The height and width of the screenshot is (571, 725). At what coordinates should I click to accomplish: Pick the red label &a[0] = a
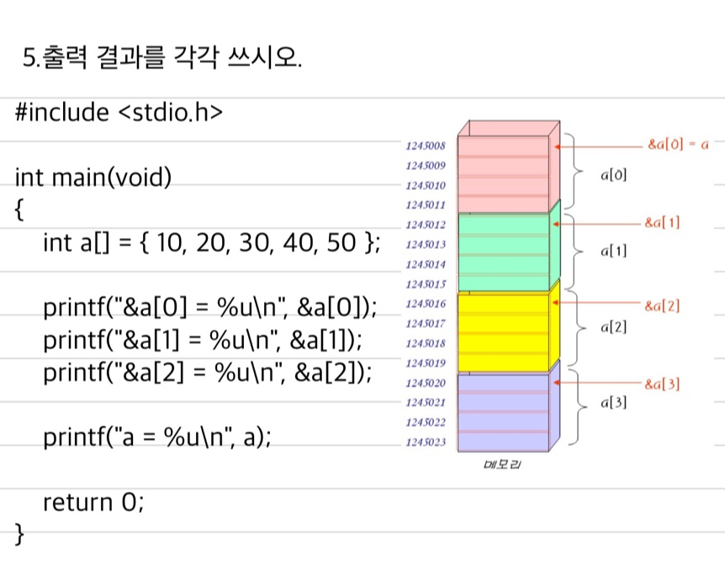point(678,144)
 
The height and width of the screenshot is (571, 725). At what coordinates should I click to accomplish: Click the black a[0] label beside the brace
point(613,175)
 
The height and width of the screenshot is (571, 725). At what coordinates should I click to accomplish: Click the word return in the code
point(77,502)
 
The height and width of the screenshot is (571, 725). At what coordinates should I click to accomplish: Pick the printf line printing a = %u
point(156,437)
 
